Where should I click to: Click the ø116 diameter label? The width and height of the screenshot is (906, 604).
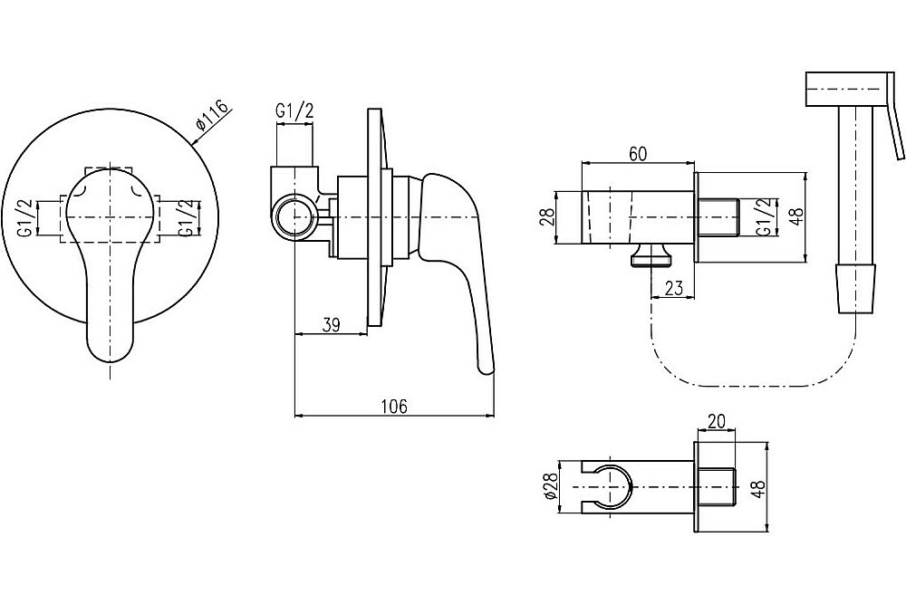213,116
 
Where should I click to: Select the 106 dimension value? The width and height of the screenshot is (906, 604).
395,406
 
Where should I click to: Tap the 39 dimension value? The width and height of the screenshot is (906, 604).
331,324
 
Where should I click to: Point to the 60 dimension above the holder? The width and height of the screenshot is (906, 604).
638,154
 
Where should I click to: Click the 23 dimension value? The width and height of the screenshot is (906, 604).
673,287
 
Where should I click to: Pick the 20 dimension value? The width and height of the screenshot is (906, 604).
717,421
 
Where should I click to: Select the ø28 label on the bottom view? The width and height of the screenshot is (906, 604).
550,486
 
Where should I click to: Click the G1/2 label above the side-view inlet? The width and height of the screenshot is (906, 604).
294,110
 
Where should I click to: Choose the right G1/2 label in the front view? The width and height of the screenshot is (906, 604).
185,217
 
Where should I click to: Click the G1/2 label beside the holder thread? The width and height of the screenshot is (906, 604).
765,216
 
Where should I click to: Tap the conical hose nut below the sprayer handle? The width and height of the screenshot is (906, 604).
856,289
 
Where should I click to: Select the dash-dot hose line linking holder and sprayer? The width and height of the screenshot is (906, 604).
751,386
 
